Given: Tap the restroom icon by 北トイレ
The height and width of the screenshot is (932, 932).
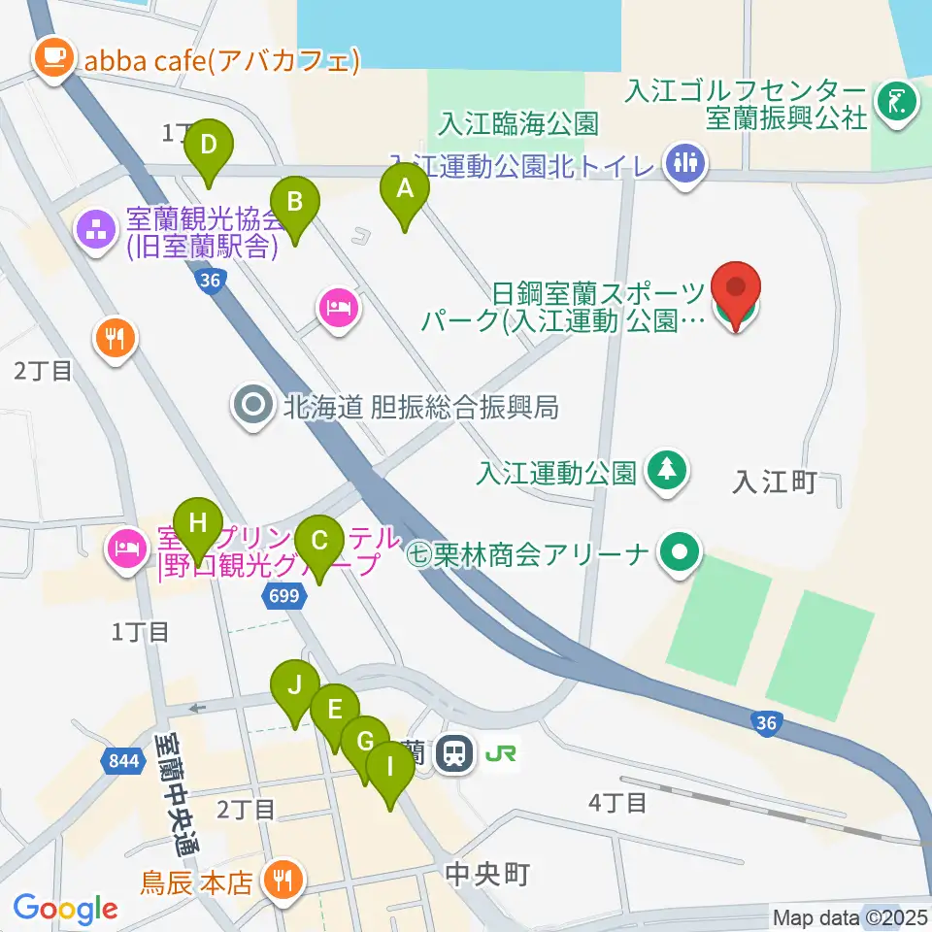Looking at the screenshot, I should (686, 163).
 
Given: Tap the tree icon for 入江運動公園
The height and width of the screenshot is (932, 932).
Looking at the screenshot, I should (667, 473).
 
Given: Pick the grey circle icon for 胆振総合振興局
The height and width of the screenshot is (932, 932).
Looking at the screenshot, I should (254, 407).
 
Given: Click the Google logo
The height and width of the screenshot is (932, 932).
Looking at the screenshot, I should (65, 909).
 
